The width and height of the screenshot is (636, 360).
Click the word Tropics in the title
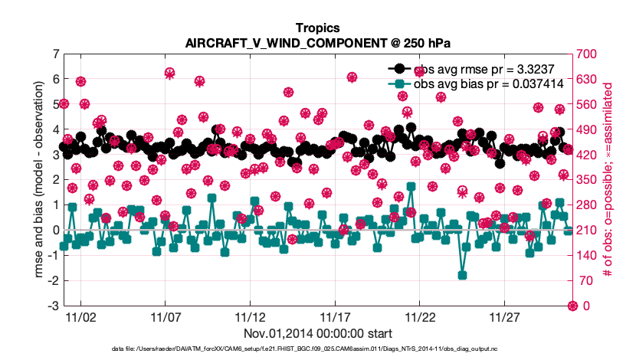click(317, 28)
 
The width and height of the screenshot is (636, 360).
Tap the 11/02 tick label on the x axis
click(80, 316)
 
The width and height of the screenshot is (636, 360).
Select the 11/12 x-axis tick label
click(250, 316)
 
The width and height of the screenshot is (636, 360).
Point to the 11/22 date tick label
click(419, 316)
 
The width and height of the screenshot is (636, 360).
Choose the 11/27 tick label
click(503, 316)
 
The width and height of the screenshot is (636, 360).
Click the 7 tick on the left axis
click(54, 54)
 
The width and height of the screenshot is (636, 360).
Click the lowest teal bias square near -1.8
click(462, 275)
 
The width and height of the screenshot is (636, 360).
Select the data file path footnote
click(317, 349)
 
